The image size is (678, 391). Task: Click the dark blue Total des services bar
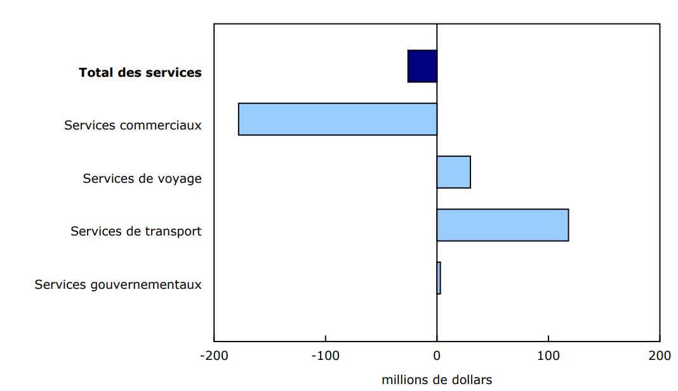coord(422,66)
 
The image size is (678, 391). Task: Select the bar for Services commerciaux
coord(338,119)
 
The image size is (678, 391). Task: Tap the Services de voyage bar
coord(453,172)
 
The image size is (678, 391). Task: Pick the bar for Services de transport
coord(502,225)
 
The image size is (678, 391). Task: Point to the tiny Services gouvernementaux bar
coord(439,278)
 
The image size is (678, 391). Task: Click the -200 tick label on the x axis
coord(213,355)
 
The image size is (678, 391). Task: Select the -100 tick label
coord(325,355)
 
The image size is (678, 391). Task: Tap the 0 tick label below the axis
coord(437,355)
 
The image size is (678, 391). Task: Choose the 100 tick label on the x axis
coord(548,355)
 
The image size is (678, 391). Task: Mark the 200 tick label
coord(660,355)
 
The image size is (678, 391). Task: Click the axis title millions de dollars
coord(437,380)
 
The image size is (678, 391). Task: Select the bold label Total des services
coord(140,72)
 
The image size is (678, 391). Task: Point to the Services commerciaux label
coord(133,125)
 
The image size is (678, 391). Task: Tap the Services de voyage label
coord(142,178)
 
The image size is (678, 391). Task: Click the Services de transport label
coord(136,231)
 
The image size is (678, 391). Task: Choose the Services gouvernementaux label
coord(118,284)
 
